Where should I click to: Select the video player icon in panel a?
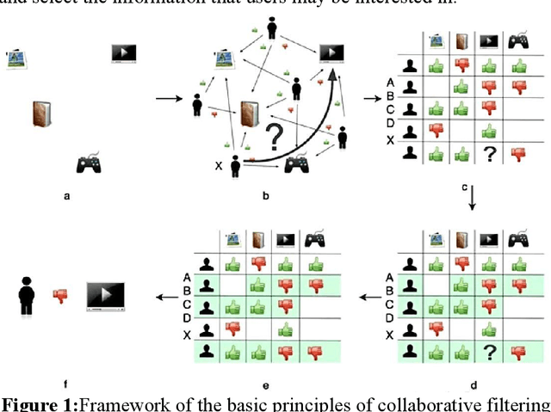click(124, 52)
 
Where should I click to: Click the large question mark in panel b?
click(275, 138)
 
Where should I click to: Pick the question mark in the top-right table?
click(489, 154)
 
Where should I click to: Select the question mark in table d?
click(489, 351)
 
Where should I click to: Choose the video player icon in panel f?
click(104, 296)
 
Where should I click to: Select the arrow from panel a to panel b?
click(168, 98)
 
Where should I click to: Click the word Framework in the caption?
click(107, 403)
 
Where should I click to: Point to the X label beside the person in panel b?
click(220, 165)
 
